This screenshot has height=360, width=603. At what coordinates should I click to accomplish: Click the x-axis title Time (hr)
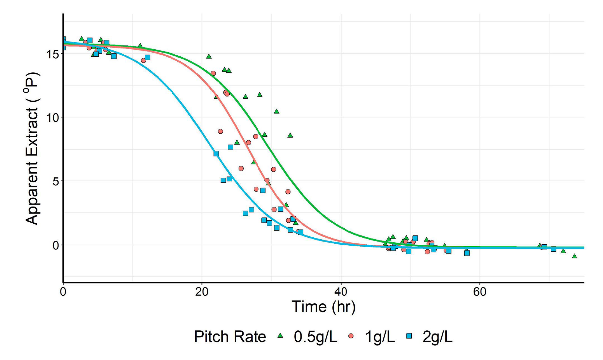pos(323,306)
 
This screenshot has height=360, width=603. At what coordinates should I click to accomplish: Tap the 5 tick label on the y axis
pos(55,181)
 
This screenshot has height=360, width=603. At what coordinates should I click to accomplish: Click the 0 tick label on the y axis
pos(55,245)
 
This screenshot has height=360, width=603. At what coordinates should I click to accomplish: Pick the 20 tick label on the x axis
pos(202,290)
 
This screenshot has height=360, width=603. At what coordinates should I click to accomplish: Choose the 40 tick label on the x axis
pos(341,290)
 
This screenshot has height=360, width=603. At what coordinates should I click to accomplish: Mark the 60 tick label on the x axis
pos(479,290)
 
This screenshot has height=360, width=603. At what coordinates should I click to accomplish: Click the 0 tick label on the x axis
pos(63,290)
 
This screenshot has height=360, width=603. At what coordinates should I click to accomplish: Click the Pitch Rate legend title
pos(230,337)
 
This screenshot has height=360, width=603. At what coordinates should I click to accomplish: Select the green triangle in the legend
pos(279,337)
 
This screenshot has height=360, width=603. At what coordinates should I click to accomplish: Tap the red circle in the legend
pos(352,337)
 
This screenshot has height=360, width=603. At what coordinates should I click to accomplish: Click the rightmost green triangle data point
pos(574,256)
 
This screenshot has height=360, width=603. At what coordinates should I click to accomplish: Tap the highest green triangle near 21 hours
pos(209,56)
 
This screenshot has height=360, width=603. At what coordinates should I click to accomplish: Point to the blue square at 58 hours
pos(467,253)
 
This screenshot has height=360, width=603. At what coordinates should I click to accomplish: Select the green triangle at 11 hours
pos(140,46)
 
